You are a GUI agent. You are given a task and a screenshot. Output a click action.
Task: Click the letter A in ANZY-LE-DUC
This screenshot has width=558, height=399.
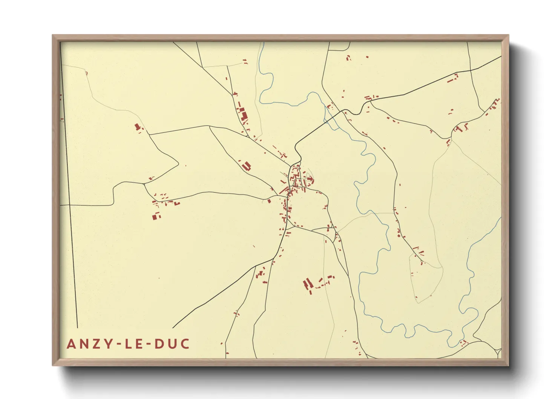[72, 344]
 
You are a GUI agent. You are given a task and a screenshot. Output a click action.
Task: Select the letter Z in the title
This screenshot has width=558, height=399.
[98, 344]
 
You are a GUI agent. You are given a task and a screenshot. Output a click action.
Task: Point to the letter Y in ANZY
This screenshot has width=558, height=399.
[109, 344]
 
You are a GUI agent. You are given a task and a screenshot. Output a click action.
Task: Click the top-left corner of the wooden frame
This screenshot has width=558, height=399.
[53, 35]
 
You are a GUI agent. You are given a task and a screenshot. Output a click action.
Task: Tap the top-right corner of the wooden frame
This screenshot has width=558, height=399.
[508, 35]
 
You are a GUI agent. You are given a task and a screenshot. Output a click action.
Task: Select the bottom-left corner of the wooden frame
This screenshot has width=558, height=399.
[53, 365]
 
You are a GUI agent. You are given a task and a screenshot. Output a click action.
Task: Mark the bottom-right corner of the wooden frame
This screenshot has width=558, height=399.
[508, 365]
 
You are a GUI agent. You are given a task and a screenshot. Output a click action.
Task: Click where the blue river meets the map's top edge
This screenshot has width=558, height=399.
[263, 43]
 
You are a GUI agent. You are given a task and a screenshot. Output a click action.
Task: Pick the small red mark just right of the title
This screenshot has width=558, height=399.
[221, 344]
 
